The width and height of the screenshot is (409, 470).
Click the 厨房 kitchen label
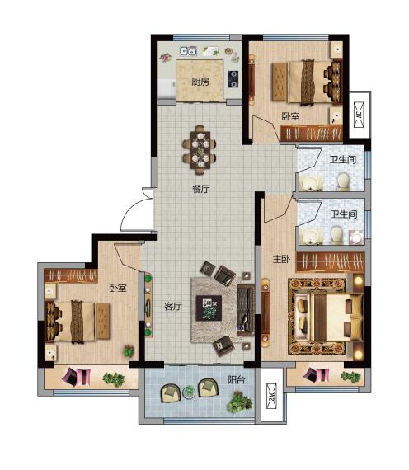(x=200, y=82)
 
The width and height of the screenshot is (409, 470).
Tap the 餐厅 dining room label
(x=201, y=189)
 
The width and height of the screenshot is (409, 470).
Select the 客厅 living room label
(x=173, y=306)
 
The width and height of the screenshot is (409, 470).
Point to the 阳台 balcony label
(x=237, y=380)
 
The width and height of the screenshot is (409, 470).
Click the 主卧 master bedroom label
(x=281, y=259)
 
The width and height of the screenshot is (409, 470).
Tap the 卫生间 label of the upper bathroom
(x=343, y=159)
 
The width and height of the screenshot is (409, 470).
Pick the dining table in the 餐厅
(x=200, y=150)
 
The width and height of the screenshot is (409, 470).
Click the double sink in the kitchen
(x=188, y=51)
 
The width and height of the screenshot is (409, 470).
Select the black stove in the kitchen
(x=233, y=78)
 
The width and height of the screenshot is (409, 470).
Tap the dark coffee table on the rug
(x=209, y=308)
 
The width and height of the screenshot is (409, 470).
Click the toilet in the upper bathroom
(x=343, y=181)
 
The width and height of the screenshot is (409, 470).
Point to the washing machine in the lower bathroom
(x=356, y=237)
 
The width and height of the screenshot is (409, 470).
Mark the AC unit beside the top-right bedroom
(x=359, y=115)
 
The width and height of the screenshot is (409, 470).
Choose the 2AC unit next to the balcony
(x=271, y=397)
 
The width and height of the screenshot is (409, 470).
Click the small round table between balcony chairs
(x=189, y=392)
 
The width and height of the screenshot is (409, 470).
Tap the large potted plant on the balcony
(x=239, y=402)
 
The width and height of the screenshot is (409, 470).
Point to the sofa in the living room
(x=245, y=310)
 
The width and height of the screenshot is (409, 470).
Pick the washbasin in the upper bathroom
(x=311, y=182)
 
